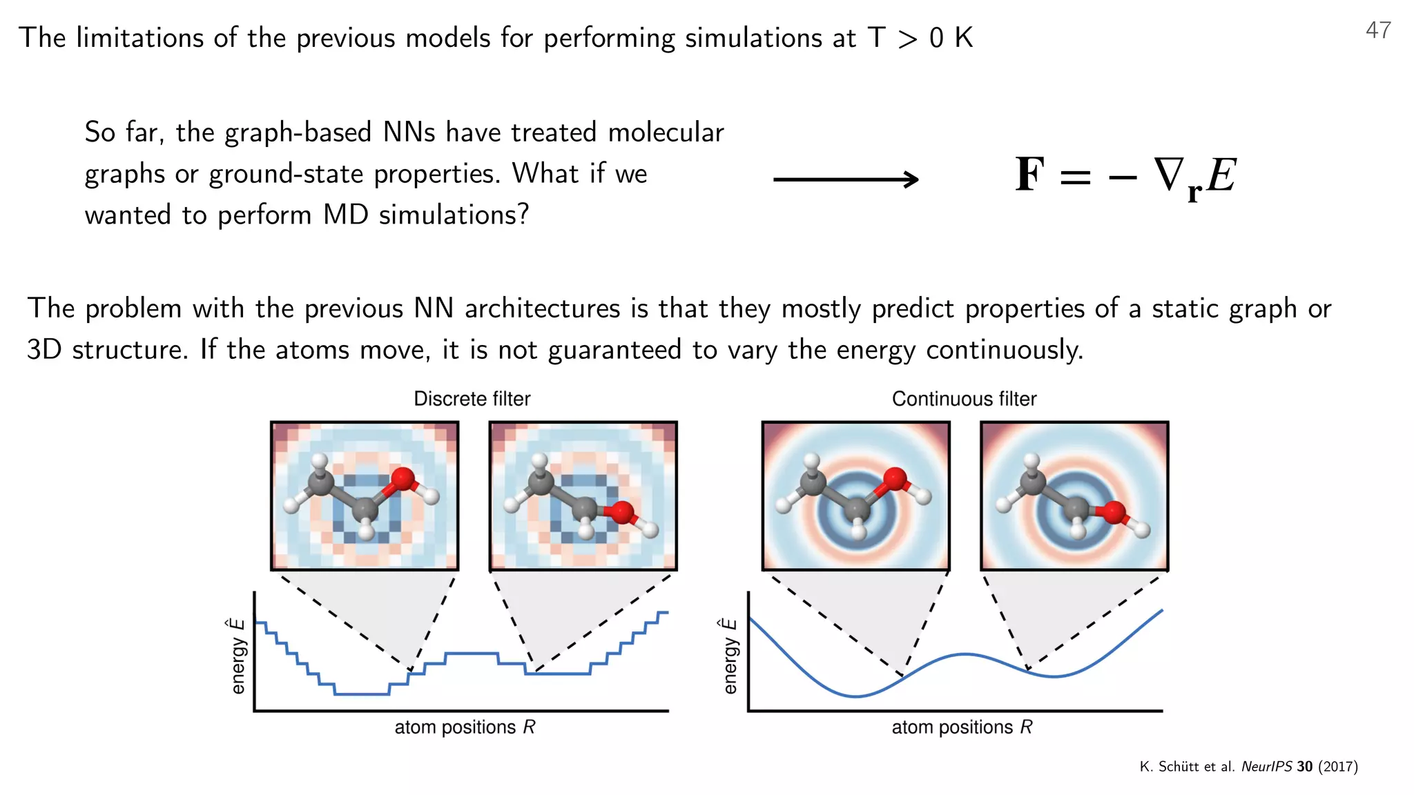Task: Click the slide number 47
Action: tap(1378, 30)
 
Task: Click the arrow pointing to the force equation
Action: tap(846, 179)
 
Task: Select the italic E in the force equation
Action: tap(1221, 175)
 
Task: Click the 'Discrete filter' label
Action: tap(472, 399)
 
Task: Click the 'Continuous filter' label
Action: tap(964, 399)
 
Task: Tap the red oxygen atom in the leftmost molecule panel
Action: tap(403, 478)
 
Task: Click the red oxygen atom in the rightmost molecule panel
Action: tap(1113, 513)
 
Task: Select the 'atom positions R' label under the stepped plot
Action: tap(465, 727)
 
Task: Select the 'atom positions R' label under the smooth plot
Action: tap(962, 727)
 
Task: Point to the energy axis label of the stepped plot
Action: tap(238, 656)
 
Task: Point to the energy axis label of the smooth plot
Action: tap(730, 656)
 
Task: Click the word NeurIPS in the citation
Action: tap(1266, 767)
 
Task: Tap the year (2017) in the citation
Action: tap(1338, 767)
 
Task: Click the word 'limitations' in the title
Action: tap(139, 38)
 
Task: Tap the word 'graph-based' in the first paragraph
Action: tap(298, 132)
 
